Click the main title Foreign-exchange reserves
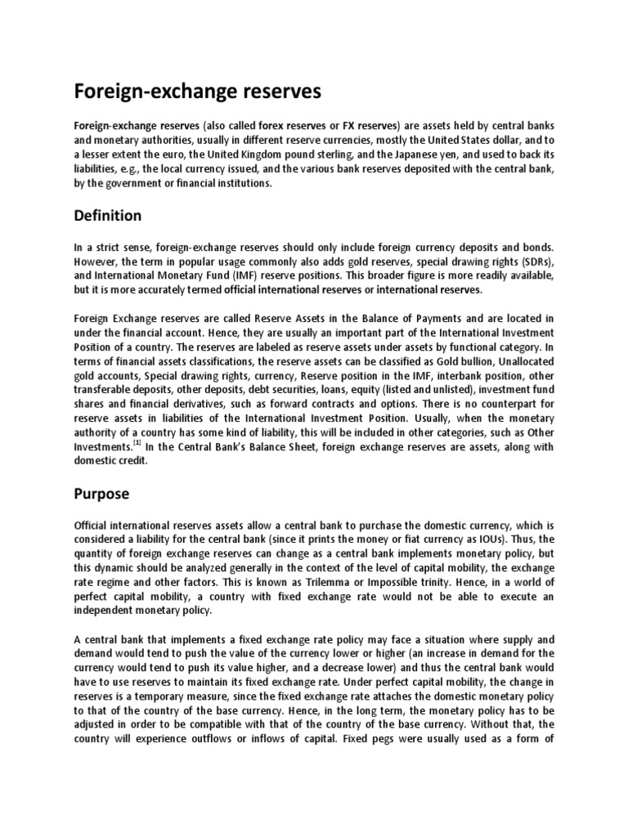198,92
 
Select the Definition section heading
108,216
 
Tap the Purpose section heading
102,494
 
